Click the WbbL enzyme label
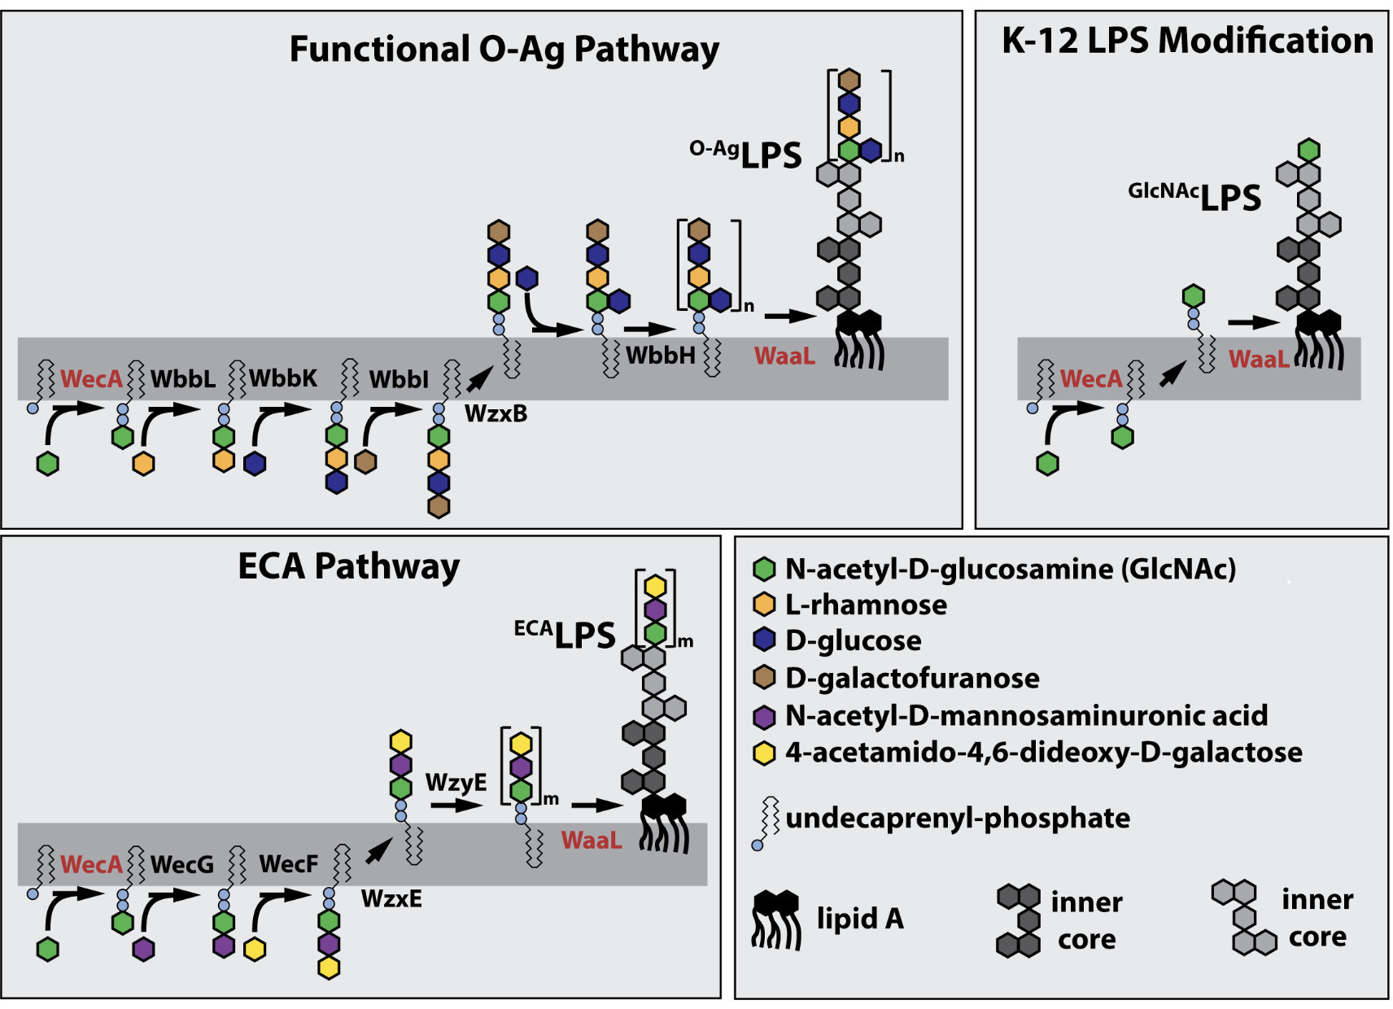point(183,379)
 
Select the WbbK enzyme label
point(283,378)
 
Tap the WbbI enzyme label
point(398,380)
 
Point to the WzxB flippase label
point(496,414)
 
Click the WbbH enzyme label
point(660,356)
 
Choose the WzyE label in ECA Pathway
point(456,783)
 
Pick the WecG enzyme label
point(182,864)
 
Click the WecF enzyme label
point(288,864)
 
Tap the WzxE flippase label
point(391,899)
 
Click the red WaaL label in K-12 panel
point(1259,359)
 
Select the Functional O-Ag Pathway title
point(504,49)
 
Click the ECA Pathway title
point(348,566)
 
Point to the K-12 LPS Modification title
point(1187,41)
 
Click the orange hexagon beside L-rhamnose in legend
point(764,605)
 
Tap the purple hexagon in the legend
point(764,717)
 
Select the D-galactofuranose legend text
point(912,678)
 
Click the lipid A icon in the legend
point(776,919)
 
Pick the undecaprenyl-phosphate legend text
point(958,818)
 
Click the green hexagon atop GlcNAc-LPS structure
point(1308,150)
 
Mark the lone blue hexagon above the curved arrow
point(527,279)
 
